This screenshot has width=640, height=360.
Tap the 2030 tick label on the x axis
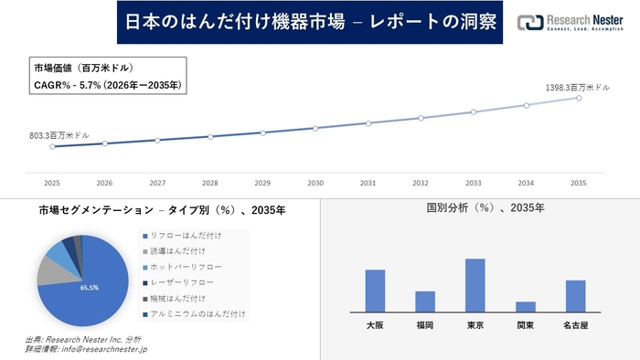tap(315, 183)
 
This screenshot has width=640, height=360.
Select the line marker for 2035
tap(579, 98)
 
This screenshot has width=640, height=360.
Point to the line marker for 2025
tap(52, 146)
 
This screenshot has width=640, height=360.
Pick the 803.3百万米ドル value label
tap(59, 135)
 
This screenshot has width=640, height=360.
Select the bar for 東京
tap(475, 286)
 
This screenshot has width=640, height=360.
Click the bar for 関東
tap(526, 307)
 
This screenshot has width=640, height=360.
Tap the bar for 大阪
tap(375, 291)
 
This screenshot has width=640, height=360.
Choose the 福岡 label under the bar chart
tap(425, 324)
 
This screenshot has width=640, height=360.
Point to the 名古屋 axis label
tap(575, 324)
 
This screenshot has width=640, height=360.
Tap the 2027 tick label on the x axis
tap(157, 183)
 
